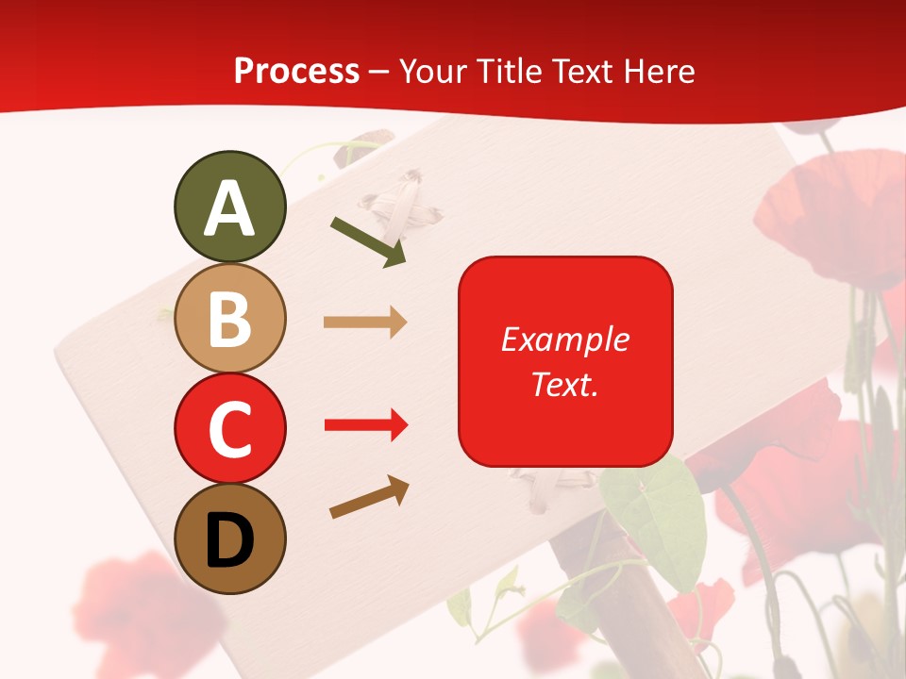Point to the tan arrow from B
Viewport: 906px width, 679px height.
point(365,323)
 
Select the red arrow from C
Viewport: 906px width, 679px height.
point(366,425)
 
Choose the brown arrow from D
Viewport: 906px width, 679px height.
point(369,497)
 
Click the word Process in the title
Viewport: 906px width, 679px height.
point(296,72)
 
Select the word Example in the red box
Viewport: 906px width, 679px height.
point(564,339)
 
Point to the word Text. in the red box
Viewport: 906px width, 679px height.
point(564,384)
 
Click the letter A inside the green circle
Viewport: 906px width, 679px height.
point(229,209)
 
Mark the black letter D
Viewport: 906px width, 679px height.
point(229,541)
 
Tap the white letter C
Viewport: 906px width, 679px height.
point(229,430)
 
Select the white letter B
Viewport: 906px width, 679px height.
point(229,319)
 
